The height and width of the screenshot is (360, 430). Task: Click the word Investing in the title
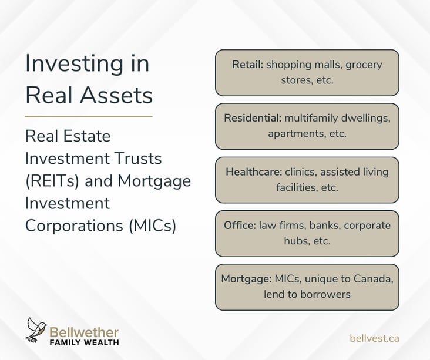(74, 65)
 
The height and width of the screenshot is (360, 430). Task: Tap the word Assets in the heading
(116, 95)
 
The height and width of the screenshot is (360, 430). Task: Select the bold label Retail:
(248, 65)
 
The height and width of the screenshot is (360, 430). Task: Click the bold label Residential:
(253, 118)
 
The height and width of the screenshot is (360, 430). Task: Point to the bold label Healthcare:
(254, 172)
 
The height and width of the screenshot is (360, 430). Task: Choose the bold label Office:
(240, 226)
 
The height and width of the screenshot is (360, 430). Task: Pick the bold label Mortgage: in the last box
(247, 279)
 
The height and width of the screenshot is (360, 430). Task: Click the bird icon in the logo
(36, 330)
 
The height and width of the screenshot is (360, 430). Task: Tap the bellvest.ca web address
(374, 338)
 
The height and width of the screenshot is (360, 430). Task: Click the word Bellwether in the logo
(84, 332)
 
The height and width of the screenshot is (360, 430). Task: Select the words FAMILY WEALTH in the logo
(84, 342)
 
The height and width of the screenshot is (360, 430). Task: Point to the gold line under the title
(89, 116)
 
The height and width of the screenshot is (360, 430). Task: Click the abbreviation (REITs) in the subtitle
(52, 181)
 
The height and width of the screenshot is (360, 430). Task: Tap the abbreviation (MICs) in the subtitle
(152, 226)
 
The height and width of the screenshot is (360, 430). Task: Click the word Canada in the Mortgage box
(374, 279)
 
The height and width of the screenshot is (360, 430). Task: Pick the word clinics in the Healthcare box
(301, 172)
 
